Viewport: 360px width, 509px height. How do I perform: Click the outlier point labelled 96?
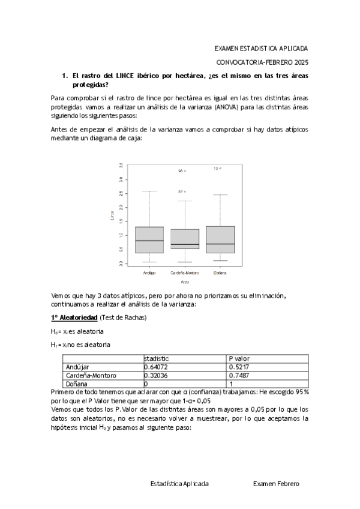point(185,171)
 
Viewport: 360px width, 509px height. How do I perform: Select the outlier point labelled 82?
point(185,191)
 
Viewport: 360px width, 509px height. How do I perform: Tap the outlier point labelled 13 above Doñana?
point(220,169)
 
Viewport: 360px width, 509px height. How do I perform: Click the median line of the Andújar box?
point(149,241)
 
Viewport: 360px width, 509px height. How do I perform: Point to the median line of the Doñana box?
point(220,244)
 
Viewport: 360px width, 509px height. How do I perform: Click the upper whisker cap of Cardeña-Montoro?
point(185,201)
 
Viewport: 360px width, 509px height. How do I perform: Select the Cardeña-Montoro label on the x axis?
point(185,273)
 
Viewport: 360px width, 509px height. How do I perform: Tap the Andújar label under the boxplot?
point(149,273)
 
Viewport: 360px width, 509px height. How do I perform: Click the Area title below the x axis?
point(185,281)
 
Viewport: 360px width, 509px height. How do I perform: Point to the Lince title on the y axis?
point(112,214)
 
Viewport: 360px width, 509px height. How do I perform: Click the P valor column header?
point(239,358)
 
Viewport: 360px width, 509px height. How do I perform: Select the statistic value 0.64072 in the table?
point(157,367)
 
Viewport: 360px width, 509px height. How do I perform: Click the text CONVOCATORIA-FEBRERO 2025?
point(262,62)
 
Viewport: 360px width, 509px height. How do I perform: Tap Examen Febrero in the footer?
point(275,483)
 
